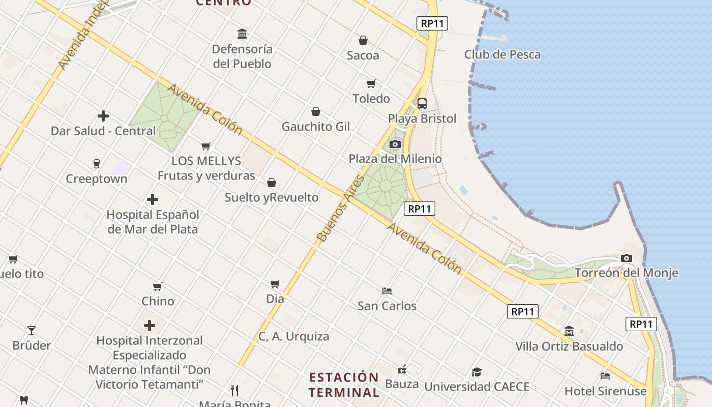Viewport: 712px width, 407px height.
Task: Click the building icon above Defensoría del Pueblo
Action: (243, 34)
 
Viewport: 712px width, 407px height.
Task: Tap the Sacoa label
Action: (363, 55)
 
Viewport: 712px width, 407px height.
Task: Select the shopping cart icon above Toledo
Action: (371, 83)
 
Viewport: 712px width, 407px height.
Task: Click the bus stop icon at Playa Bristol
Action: (422, 104)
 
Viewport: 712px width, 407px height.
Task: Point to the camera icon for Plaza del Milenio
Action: (395, 144)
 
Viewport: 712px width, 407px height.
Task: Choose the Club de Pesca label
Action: (502, 54)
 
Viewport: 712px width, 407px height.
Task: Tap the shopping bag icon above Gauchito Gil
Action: (316, 111)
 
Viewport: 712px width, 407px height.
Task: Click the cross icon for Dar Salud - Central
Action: (103, 116)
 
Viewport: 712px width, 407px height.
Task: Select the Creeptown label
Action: (97, 179)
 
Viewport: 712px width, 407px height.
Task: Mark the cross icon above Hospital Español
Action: (153, 199)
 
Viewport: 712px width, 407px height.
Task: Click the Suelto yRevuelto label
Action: (272, 197)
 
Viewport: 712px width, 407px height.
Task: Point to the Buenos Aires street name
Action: (341, 209)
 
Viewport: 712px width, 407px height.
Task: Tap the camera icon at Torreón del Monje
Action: (627, 258)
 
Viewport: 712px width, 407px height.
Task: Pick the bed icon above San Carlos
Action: (387, 291)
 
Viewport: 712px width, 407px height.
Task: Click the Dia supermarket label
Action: (275, 299)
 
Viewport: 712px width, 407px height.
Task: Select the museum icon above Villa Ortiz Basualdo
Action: (569, 331)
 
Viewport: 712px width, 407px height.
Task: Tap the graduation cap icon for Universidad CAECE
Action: (477, 372)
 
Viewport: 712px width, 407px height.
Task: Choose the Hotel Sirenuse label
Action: (605, 391)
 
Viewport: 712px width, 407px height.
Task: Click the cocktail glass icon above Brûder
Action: (32, 331)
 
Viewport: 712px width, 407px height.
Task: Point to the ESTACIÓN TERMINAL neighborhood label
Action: (344, 385)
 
